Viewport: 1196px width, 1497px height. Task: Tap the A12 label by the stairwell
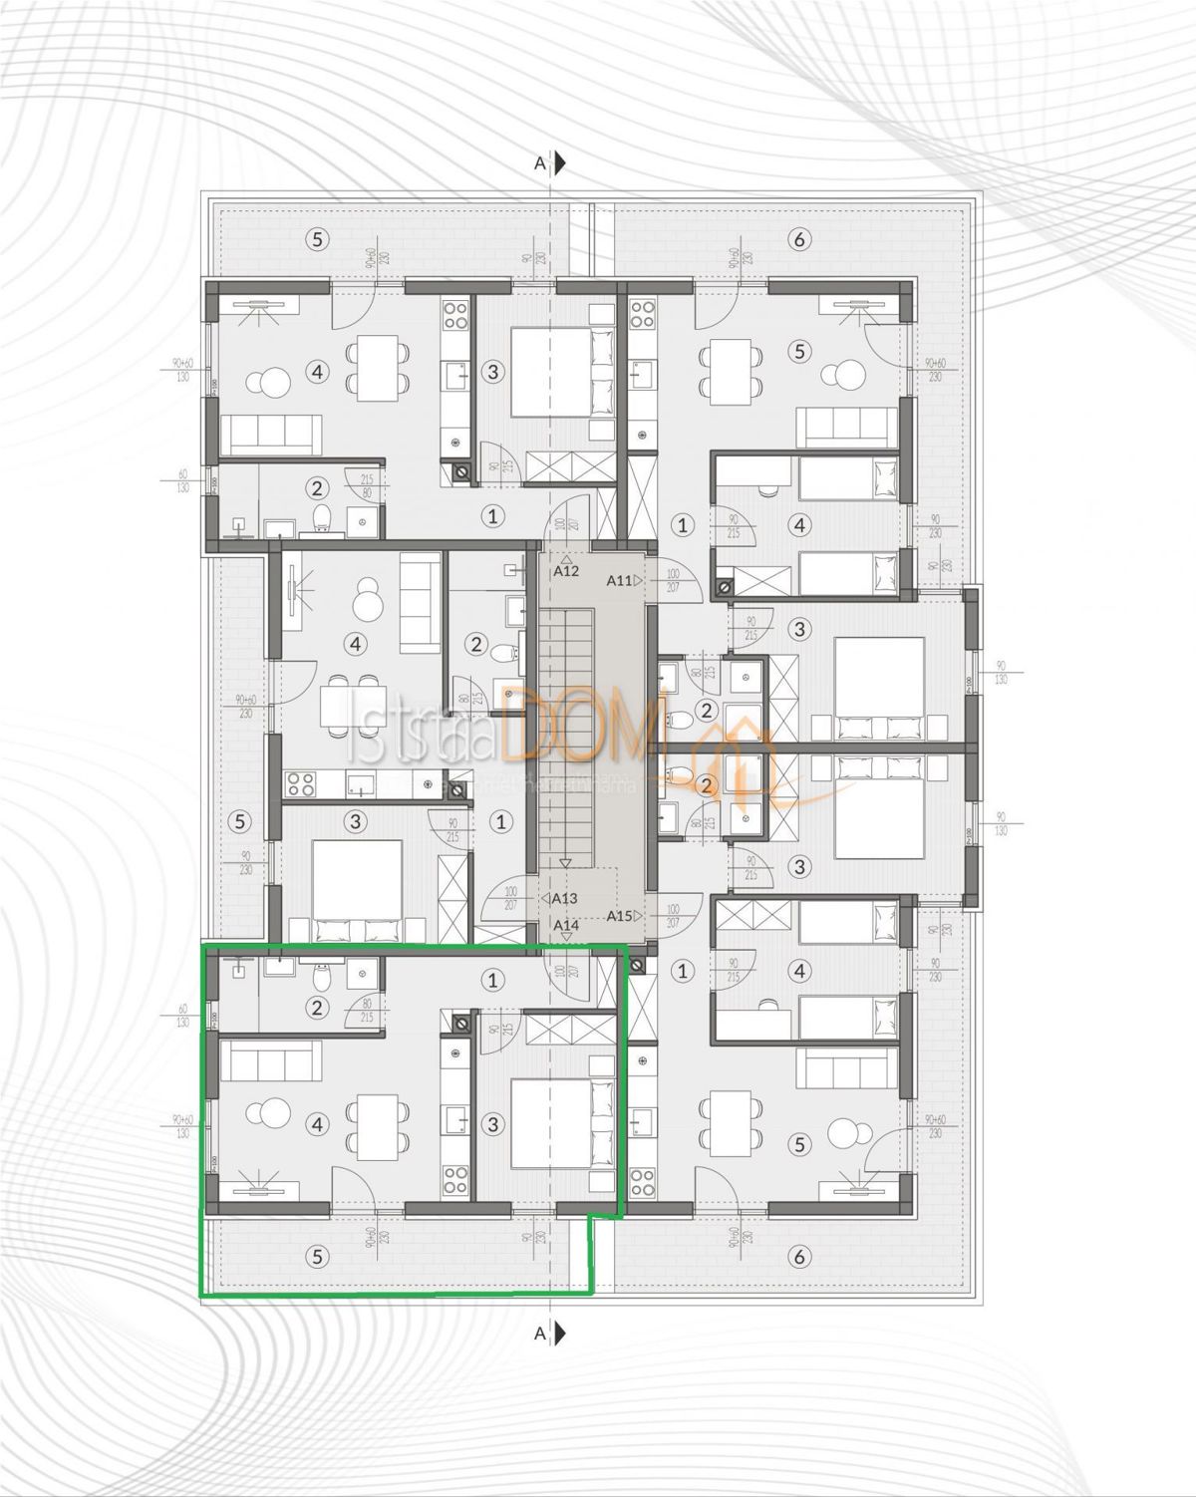[x=566, y=571]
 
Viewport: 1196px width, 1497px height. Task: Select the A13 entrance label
[x=564, y=898]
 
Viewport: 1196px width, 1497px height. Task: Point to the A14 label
[x=566, y=925]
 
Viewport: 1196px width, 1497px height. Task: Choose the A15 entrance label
[x=620, y=916]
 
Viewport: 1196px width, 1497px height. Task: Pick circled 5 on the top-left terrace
[x=317, y=238]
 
